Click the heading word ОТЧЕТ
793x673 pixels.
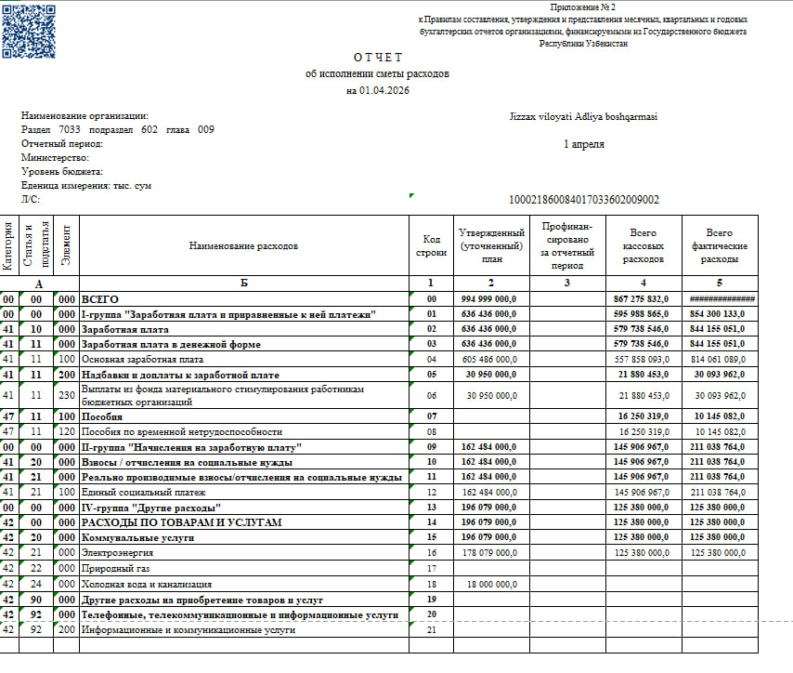[x=377, y=57]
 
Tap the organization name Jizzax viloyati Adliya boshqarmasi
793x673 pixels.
[x=583, y=116]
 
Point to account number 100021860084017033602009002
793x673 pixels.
[x=584, y=200]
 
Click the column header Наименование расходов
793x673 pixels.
[x=243, y=246]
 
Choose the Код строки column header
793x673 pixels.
[x=431, y=246]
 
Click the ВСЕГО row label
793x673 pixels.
[x=98, y=299]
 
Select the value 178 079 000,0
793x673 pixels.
[x=488, y=552]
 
